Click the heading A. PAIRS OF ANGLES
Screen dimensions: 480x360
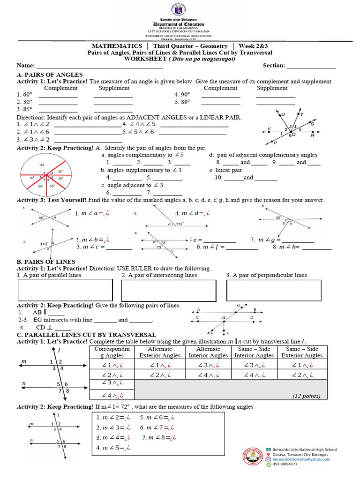[x=50, y=75]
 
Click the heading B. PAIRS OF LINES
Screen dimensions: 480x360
[x=46, y=261]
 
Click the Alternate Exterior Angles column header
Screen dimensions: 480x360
[x=160, y=352]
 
